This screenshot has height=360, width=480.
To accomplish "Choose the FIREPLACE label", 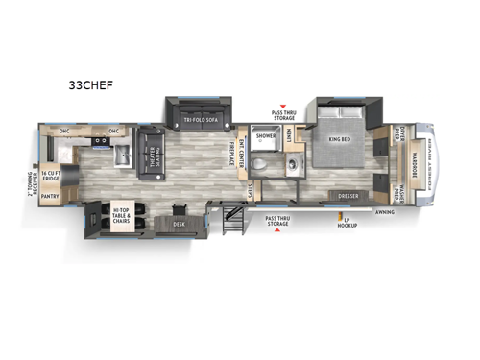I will coord(231,153).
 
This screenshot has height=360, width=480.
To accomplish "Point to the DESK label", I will coord(180,224).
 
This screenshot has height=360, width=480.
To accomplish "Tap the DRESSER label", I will coord(347,196).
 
